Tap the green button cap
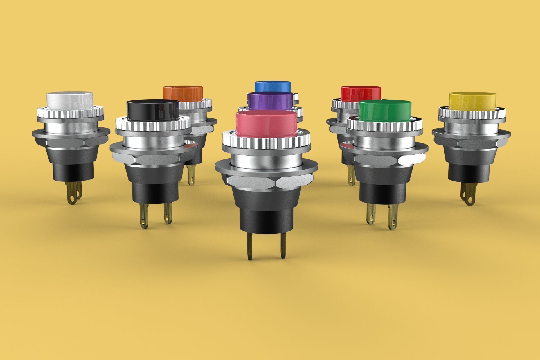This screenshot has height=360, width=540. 385,111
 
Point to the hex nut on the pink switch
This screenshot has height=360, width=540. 266,183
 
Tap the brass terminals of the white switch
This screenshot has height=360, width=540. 74,193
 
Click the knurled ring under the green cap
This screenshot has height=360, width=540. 385,128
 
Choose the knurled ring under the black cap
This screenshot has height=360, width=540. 152,127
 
